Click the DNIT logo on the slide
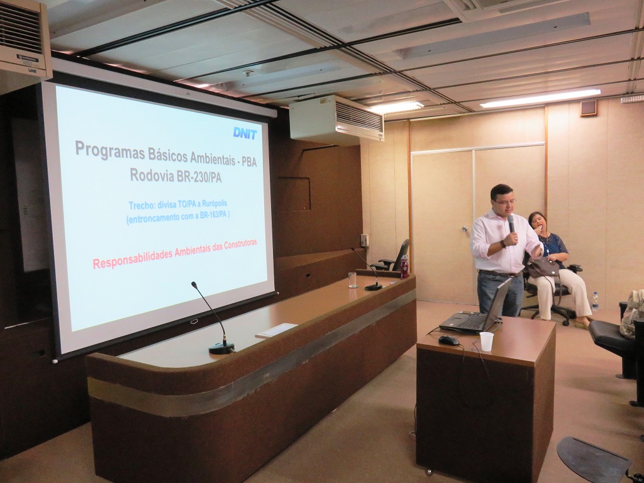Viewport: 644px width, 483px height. click(x=245, y=133)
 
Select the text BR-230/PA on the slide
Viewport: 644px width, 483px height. click(x=199, y=177)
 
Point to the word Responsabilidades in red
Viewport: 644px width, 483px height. click(x=132, y=257)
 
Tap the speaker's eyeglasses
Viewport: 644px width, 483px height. click(x=505, y=201)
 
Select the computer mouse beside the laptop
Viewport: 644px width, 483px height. click(x=448, y=340)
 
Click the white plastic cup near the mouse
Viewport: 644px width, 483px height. click(x=486, y=341)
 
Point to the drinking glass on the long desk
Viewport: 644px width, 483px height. click(x=353, y=280)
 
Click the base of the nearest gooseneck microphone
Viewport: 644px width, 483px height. click(x=221, y=348)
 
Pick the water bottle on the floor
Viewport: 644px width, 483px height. click(x=595, y=301)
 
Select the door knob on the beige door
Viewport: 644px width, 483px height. click(x=465, y=229)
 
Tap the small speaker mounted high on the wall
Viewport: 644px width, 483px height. click(x=588, y=108)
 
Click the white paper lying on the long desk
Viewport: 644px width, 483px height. click(x=277, y=330)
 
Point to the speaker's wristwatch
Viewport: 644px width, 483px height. click(x=502, y=244)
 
